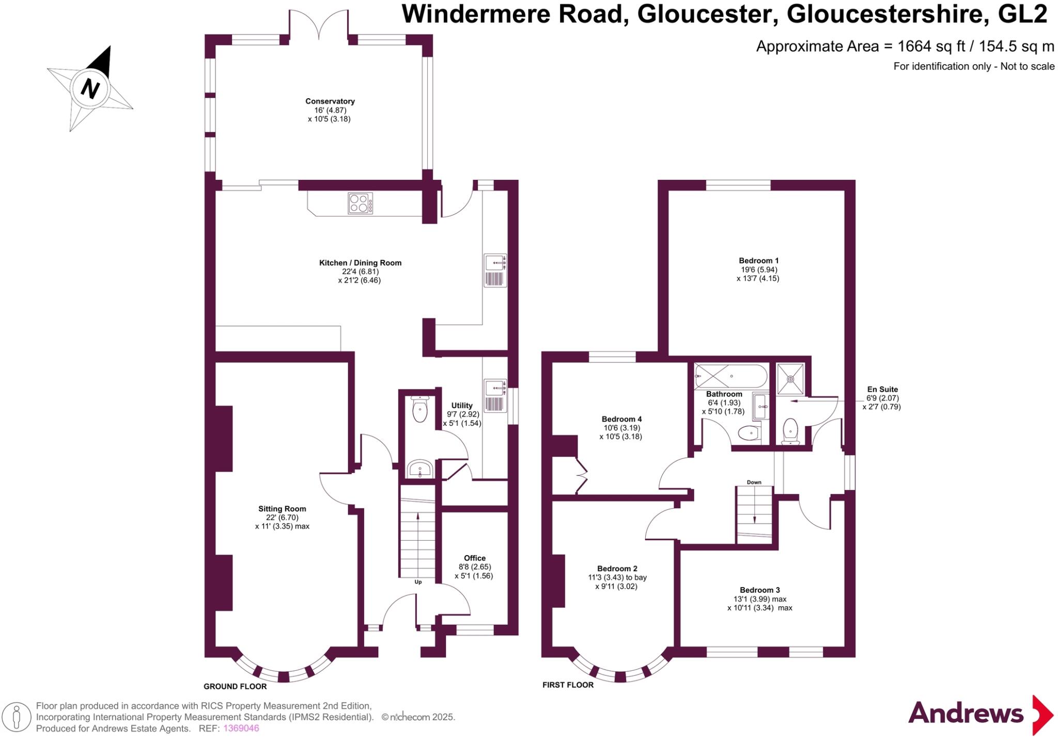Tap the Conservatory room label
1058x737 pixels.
[x=330, y=101]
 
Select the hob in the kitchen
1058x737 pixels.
[x=360, y=203]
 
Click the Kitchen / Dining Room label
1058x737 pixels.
[x=360, y=263]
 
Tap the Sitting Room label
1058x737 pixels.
[x=282, y=509]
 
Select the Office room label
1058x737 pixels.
[x=474, y=558]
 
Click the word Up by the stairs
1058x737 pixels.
[x=418, y=582]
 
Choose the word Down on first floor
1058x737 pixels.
[x=754, y=482]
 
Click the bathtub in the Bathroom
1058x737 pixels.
[x=730, y=376]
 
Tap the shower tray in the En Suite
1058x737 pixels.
[x=790, y=379]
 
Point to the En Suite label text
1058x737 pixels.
[x=882, y=389]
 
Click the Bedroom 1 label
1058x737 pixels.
[x=758, y=260]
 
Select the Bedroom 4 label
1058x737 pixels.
[x=621, y=419]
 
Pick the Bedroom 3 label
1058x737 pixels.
[x=759, y=590]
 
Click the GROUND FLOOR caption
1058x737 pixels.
[x=235, y=686]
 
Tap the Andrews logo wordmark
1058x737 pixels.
[x=966, y=714]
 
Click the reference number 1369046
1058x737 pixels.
[x=241, y=728]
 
